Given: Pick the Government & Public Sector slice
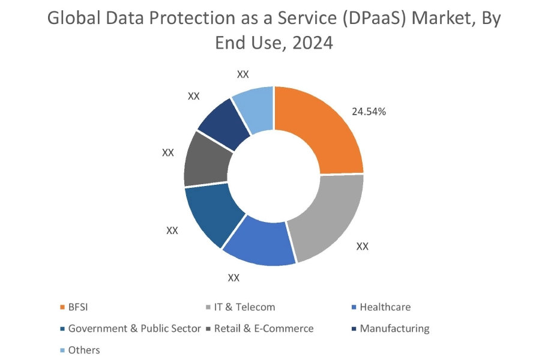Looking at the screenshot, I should (x=210, y=216).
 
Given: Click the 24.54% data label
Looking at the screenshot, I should (x=369, y=111).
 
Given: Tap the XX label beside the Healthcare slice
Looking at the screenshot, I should (x=233, y=278).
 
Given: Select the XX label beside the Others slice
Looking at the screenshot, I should (x=242, y=74).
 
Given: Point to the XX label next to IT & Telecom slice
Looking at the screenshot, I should (x=363, y=246).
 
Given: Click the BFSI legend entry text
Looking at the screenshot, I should (x=78, y=307).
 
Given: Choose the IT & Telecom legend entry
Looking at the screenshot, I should (x=244, y=307).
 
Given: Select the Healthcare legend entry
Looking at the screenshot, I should (x=385, y=307).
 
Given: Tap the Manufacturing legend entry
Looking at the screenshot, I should (x=394, y=328).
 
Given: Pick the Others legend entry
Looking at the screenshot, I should (x=84, y=350).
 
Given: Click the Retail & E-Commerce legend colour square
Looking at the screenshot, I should (x=208, y=329).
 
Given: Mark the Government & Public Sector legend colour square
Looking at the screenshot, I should (x=62, y=329).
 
